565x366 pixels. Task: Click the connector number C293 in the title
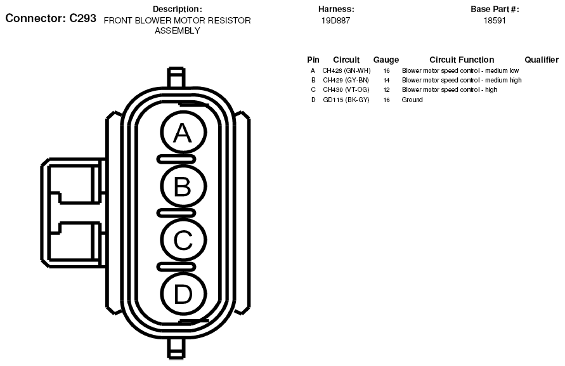(83, 18)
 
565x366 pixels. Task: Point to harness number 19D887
(335, 20)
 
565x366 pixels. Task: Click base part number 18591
(495, 20)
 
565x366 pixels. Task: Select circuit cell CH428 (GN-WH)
(346, 70)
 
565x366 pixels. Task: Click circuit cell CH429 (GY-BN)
(346, 80)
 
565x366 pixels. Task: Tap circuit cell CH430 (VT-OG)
(346, 89)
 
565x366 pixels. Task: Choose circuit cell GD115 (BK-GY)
(346, 100)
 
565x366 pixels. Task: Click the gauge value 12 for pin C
(386, 90)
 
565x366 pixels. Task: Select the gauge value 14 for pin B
(386, 81)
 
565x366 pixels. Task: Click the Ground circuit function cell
(412, 100)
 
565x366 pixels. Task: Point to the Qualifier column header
(541, 60)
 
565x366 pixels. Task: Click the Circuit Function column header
(462, 60)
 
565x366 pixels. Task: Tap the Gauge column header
(386, 60)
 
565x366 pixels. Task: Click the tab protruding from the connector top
(176, 77)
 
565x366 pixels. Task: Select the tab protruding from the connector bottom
(176, 349)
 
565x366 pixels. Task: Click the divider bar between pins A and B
(176, 159)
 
